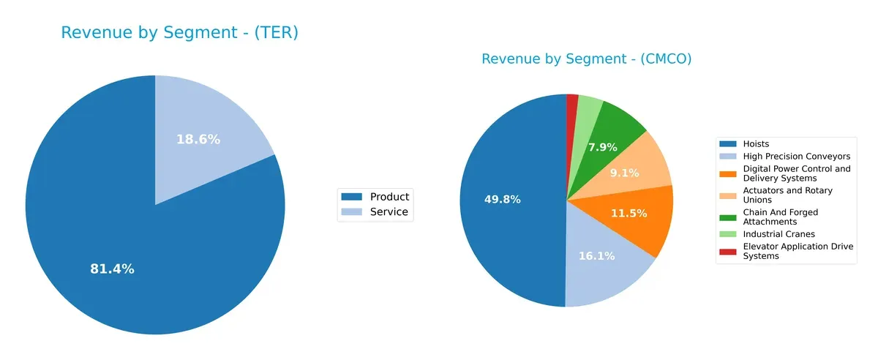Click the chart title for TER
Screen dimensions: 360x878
[x=179, y=33]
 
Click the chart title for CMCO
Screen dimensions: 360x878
[x=586, y=59]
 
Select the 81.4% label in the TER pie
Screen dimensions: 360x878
[x=112, y=269]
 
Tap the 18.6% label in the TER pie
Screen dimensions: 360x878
[x=198, y=139]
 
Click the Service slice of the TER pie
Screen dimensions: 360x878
[x=212, y=124]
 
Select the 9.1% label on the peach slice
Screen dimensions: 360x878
[x=624, y=173]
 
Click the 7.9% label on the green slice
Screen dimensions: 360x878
[x=602, y=147]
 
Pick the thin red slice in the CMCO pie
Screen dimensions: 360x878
[x=572, y=104]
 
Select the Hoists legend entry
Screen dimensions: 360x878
[x=756, y=144]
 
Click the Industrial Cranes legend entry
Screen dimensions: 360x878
[x=778, y=234]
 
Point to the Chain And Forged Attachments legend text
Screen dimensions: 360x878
[x=780, y=217]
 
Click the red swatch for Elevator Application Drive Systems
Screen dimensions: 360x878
[x=728, y=252]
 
